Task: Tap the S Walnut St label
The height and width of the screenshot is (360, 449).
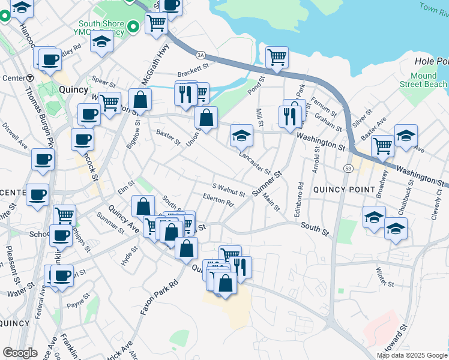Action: (x=229, y=190)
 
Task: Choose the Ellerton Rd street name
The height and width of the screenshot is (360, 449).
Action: (x=218, y=200)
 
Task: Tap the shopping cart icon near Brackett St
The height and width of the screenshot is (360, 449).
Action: (x=277, y=58)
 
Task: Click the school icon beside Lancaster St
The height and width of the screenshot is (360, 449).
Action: (x=241, y=136)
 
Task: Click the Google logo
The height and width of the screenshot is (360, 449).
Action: (x=20, y=353)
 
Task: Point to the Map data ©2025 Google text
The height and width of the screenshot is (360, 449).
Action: (x=412, y=355)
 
